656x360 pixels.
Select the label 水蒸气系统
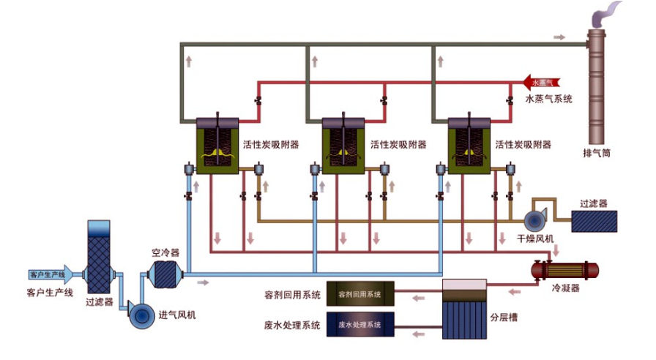pos(548,98)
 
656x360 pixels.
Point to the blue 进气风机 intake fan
pos(141,314)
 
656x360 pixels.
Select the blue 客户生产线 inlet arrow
pos(48,275)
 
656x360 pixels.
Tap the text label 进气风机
pos(177,315)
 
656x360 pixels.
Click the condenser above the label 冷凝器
pos(564,270)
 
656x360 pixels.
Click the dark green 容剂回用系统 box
pos(359,295)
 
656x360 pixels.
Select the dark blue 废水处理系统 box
pos(359,324)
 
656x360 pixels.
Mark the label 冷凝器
pos(565,289)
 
